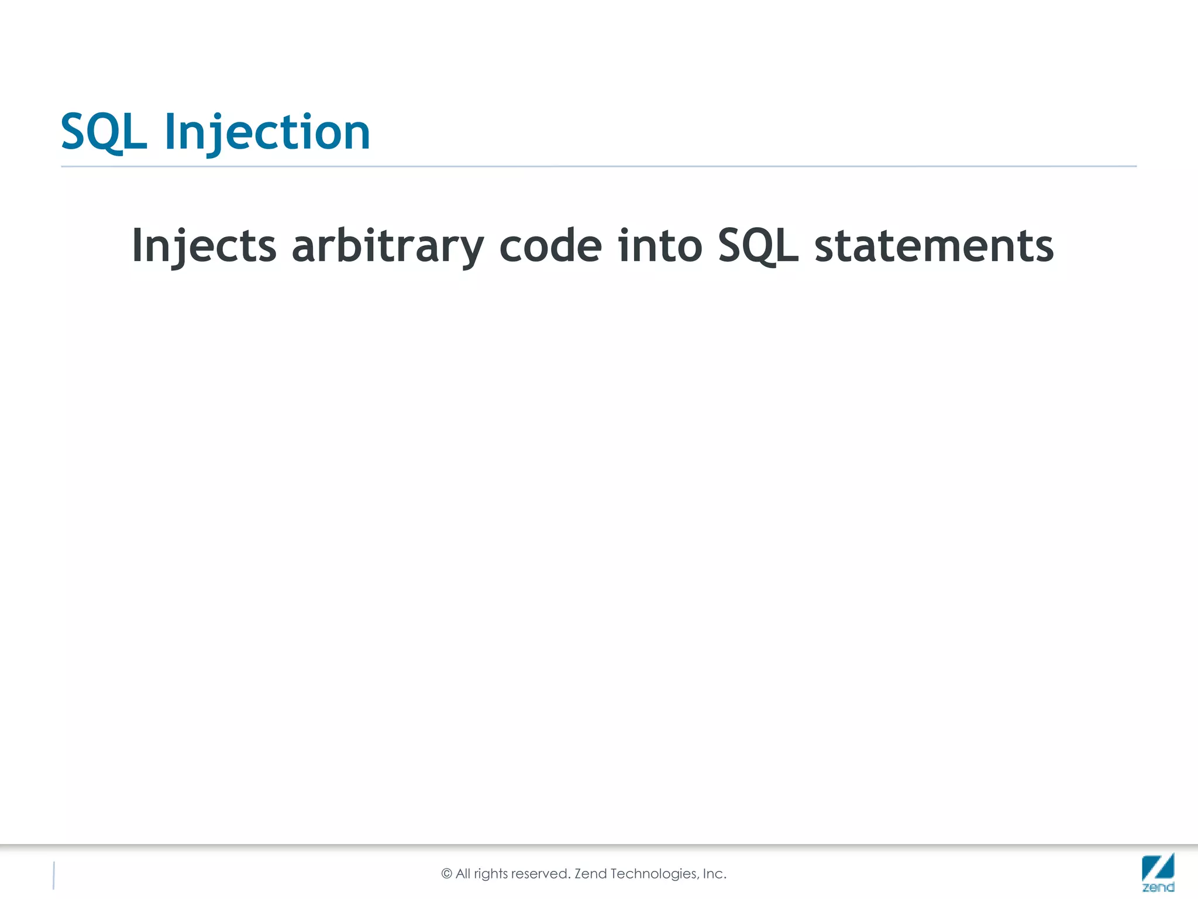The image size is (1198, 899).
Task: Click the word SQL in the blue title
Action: coord(104,132)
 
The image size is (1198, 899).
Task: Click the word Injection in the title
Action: coord(267,132)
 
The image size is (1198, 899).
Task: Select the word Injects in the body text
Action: coord(204,246)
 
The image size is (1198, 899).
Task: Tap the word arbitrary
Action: coord(388,246)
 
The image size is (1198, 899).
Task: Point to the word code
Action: coord(550,246)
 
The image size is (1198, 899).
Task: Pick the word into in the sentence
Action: coord(660,246)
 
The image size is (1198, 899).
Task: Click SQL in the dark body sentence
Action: coord(758,246)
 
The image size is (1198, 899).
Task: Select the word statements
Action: coord(934,246)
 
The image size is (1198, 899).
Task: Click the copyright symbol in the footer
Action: coord(447,874)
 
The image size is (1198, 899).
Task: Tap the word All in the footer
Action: coord(463,874)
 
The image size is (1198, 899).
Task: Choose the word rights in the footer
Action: coord(491,874)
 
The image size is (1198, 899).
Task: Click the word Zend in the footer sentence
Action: coord(591,874)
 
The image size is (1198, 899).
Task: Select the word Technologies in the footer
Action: coord(655,874)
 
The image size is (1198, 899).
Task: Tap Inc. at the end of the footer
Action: coord(714,874)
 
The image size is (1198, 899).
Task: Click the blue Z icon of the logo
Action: coord(1158,867)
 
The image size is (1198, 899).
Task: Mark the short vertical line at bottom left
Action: coord(54,876)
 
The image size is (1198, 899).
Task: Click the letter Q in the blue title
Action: coord(109,133)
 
